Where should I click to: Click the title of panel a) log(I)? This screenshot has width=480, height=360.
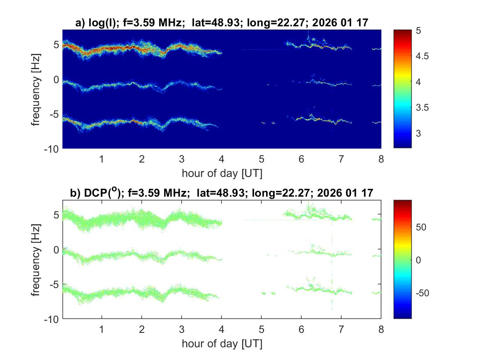coord(221,23)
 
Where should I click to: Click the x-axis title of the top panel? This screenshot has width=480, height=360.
coord(222,173)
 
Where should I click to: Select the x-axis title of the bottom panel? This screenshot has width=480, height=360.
coord(222,344)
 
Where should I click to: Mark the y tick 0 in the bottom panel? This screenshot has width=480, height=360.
coord(57,249)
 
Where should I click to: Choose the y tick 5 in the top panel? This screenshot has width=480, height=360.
coord(57,44)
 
